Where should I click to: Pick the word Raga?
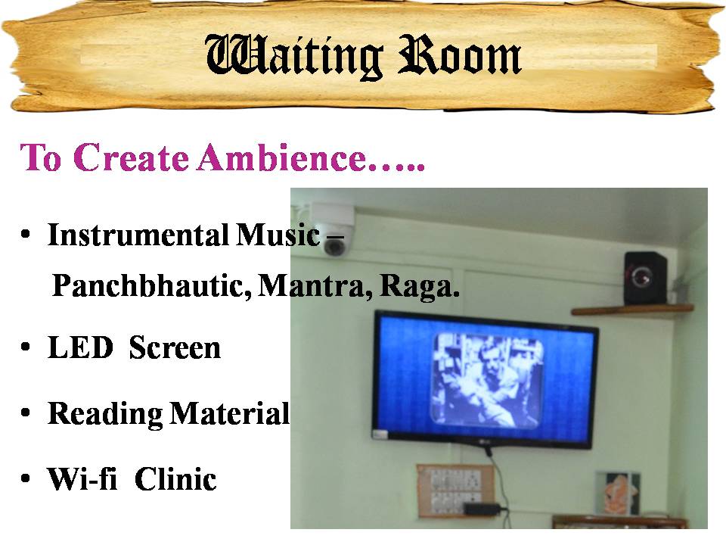click(420, 286)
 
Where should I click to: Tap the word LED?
click(81, 347)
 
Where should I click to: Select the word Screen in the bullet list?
click(175, 347)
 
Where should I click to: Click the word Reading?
click(104, 414)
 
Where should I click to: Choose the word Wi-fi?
click(82, 478)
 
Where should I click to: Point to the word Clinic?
click(175, 478)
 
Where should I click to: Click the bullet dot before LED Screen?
click(26, 347)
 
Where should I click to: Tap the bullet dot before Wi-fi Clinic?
click(26, 478)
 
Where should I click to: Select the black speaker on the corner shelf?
click(645, 278)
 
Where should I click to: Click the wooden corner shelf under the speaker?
click(632, 310)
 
